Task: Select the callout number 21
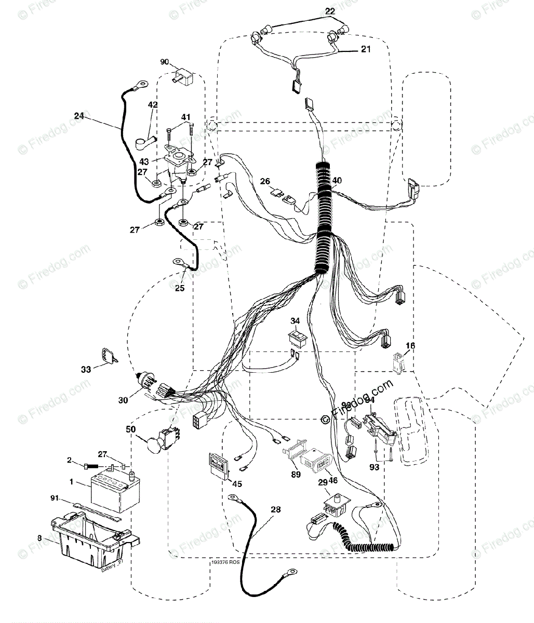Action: tap(366, 49)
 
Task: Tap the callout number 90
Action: tap(165, 62)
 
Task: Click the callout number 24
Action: tap(79, 116)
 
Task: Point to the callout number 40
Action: tap(337, 181)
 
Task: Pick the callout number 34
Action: tap(295, 320)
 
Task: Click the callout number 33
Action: tap(86, 370)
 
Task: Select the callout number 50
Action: tap(131, 429)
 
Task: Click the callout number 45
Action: tap(237, 484)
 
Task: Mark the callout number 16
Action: tap(410, 346)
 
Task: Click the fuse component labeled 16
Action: tap(398, 362)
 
